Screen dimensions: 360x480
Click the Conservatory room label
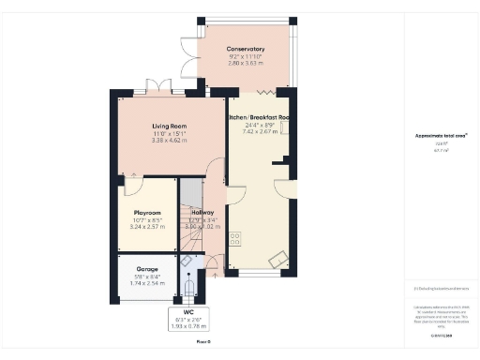(x=246, y=49)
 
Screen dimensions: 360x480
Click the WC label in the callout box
(x=188, y=310)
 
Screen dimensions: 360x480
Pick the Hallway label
(x=203, y=213)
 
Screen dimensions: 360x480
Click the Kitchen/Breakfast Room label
(x=260, y=117)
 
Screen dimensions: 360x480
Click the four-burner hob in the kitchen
(x=235, y=238)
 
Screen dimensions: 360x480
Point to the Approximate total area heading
(x=440, y=137)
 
